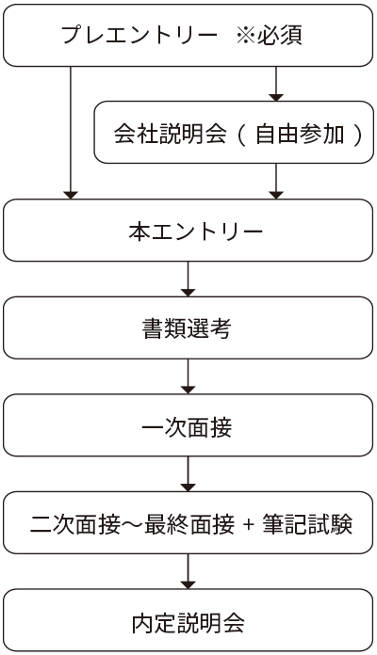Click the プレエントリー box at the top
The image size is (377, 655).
(x=188, y=36)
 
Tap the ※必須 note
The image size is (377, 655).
(x=269, y=35)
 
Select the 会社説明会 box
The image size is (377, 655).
(x=234, y=132)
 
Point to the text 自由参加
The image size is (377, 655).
(x=300, y=134)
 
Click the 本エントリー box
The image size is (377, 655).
(x=188, y=231)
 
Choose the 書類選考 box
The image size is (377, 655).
(x=188, y=327)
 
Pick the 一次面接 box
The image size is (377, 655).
(x=188, y=425)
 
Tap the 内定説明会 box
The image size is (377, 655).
(x=188, y=620)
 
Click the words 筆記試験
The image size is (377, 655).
(x=307, y=524)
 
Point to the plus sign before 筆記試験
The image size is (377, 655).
(x=249, y=524)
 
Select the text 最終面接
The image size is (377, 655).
(x=189, y=524)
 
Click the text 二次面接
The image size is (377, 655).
(x=75, y=524)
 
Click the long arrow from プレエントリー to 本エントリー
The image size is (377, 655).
(x=71, y=133)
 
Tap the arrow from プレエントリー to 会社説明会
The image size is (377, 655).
(x=276, y=84)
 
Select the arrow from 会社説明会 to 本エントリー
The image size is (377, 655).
(x=276, y=182)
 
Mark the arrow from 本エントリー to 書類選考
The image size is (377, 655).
(x=188, y=280)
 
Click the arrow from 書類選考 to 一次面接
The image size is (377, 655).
(x=188, y=376)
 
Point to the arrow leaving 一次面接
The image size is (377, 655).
(x=188, y=474)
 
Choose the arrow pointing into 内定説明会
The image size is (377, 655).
(x=188, y=571)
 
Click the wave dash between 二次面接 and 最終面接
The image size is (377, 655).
(x=132, y=525)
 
